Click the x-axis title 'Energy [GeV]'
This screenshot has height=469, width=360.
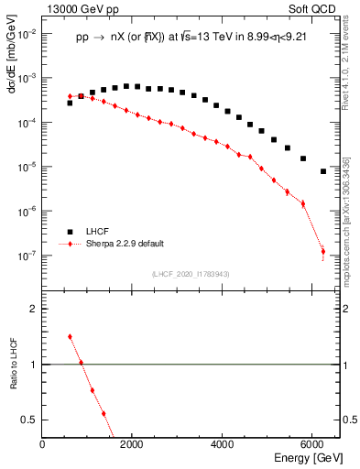(308, 459)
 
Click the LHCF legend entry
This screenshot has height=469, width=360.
(95, 232)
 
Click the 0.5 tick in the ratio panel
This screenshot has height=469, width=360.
(30, 419)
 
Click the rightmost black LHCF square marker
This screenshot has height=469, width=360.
(323, 171)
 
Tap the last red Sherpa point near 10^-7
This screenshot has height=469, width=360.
(323, 251)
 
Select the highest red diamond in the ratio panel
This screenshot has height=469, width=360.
(70, 336)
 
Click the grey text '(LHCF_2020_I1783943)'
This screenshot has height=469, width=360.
(191, 274)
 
